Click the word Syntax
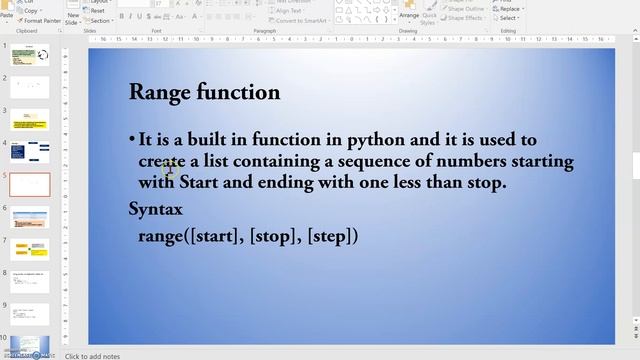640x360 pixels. [x=156, y=209]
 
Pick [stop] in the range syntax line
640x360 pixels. [x=273, y=236]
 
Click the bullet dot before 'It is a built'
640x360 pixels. [x=132, y=140]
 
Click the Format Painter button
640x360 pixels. [x=41, y=20]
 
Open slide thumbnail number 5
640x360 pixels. [x=30, y=184]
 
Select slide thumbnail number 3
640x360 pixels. [x=30, y=120]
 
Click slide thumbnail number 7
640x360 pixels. [x=30, y=247]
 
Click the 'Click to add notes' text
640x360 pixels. [x=93, y=356]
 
